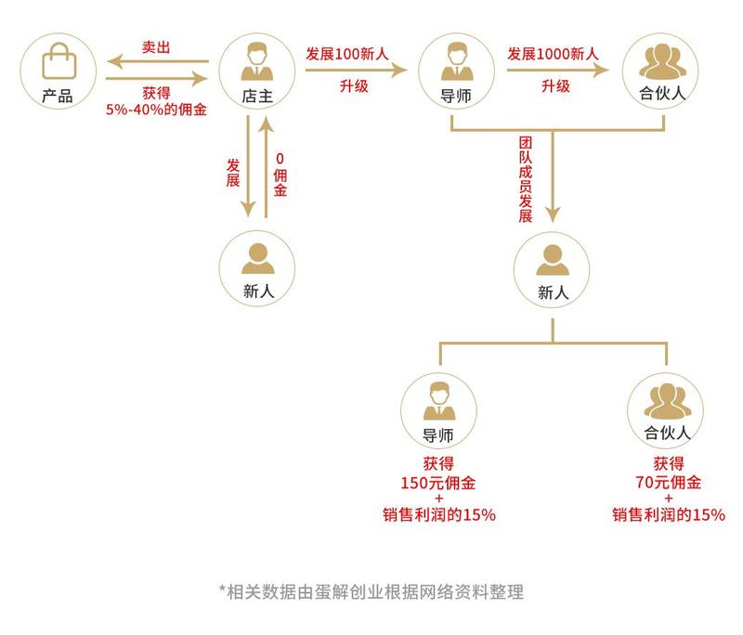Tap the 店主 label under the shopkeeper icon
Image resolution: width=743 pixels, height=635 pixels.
tap(257, 97)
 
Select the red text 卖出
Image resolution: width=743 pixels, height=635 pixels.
tap(156, 47)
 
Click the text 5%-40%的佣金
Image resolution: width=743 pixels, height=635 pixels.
tap(156, 110)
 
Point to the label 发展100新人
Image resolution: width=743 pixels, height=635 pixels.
tap(346, 54)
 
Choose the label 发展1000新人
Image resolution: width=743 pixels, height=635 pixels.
tap(553, 54)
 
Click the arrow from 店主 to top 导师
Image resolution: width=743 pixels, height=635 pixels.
tap(356, 70)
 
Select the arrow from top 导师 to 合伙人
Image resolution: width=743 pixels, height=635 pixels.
tap(558, 70)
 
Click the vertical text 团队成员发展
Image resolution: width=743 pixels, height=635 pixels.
tap(526, 179)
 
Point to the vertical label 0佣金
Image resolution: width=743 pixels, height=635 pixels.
tap(280, 175)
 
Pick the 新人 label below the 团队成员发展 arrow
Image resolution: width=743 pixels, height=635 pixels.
tap(553, 292)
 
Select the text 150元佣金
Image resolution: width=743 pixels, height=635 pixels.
tap(438, 483)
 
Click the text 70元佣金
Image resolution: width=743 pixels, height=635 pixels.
tap(668, 483)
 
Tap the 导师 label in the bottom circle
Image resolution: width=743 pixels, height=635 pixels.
tap(437, 435)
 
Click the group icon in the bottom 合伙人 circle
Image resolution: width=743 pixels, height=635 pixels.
tap(667, 401)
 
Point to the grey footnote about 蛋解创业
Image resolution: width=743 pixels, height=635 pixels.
tap(371, 592)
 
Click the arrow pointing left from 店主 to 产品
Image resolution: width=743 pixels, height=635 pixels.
tap(158, 61)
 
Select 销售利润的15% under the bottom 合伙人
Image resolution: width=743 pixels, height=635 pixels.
tap(669, 514)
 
